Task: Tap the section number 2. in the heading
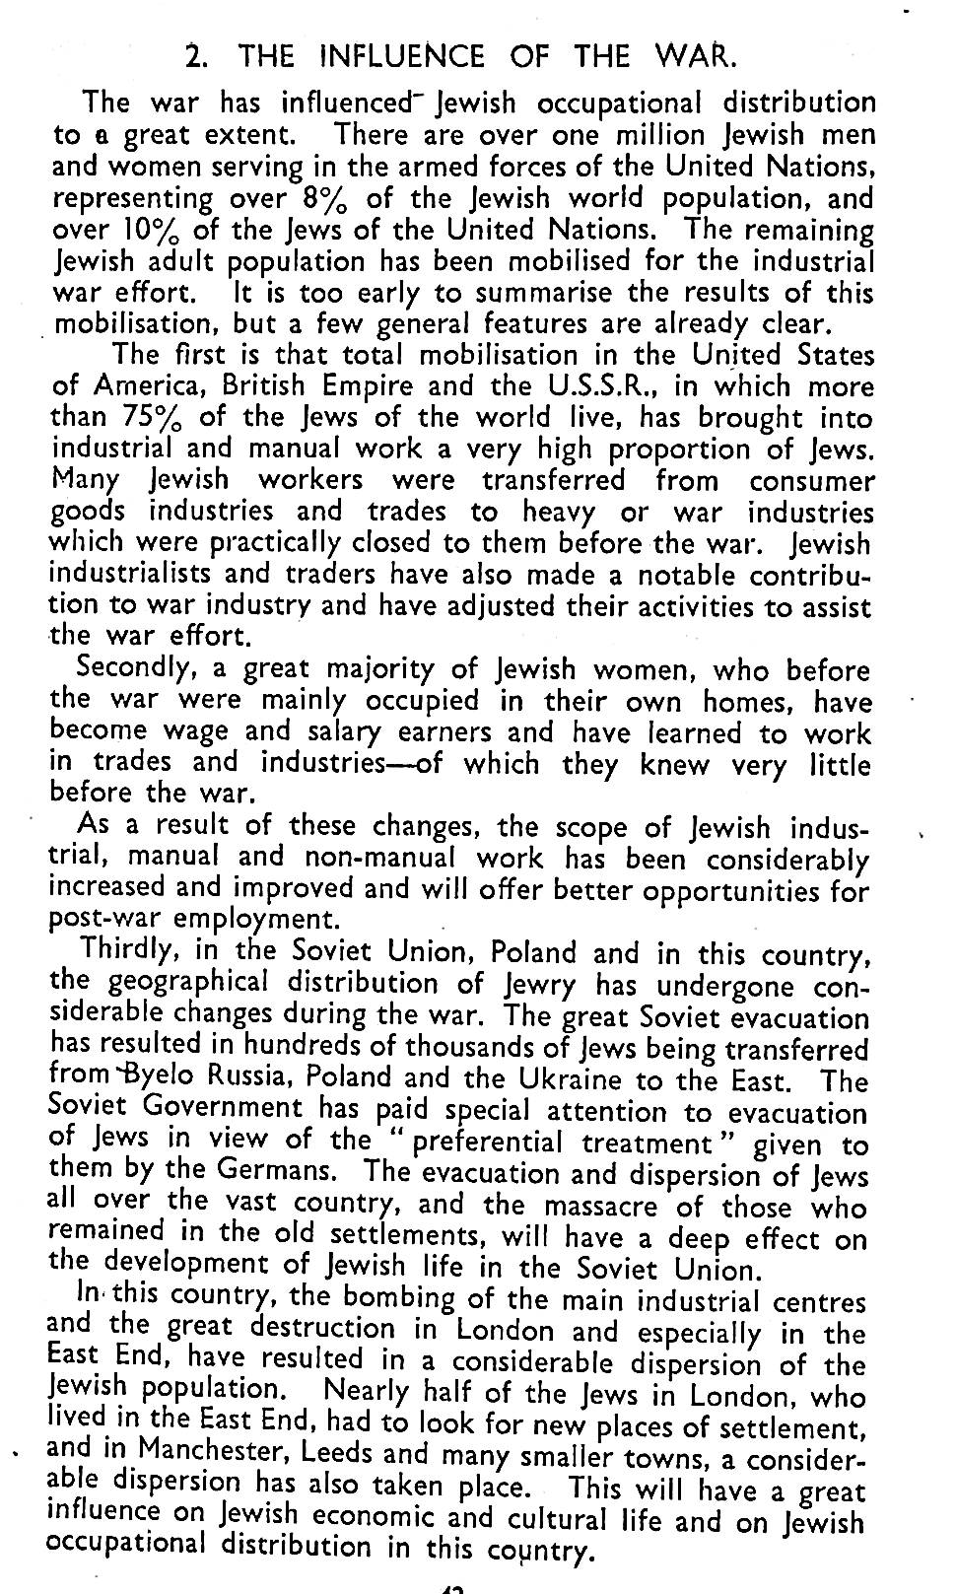pyautogui.click(x=197, y=55)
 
